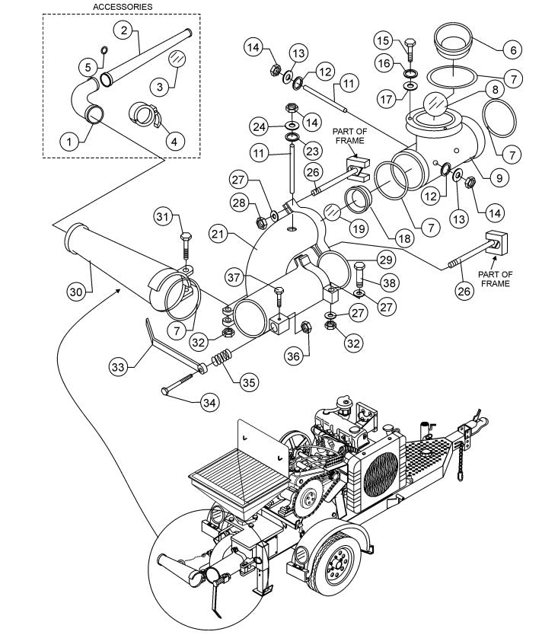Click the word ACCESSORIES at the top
123,6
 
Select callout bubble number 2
125,30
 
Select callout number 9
498,179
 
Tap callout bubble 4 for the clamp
175,141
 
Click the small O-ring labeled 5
104,51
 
